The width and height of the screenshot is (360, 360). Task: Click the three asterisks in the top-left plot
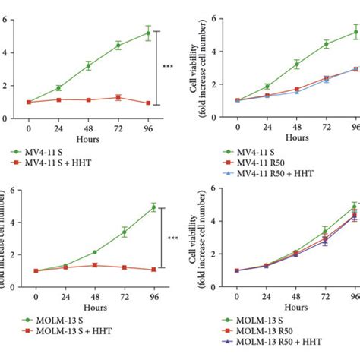169,67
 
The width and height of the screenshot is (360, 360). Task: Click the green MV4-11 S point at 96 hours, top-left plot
147,33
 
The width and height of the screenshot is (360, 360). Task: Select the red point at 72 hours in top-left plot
118,97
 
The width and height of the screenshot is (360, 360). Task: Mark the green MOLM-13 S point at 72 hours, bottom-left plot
118,231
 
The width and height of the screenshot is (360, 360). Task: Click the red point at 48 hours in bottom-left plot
88,265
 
